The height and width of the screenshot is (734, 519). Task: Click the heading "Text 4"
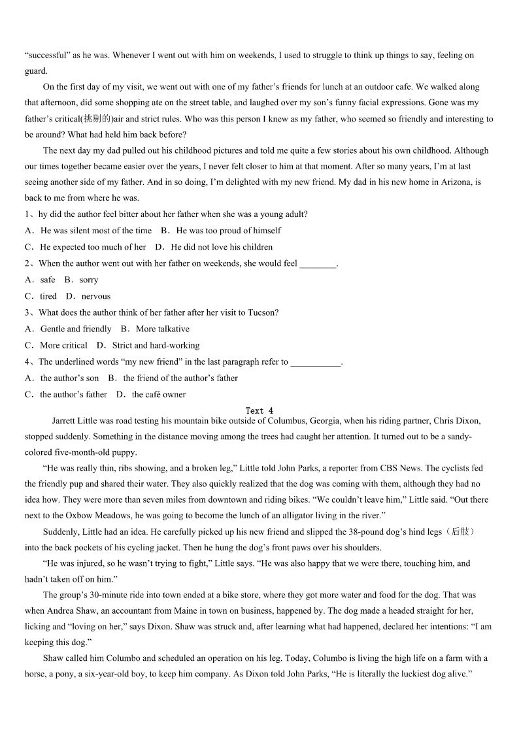[259, 411]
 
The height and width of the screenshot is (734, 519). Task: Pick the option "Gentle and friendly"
[76, 329]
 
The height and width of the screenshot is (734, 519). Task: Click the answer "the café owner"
[159, 394]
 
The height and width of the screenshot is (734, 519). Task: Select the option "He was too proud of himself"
[229, 230]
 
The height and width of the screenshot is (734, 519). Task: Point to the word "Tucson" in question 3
[262, 312]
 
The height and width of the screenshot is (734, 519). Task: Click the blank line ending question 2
[317, 264]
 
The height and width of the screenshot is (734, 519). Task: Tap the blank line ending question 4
[316, 362]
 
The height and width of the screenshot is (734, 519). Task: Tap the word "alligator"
[278, 516]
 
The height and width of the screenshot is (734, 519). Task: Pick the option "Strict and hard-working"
[156, 345]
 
